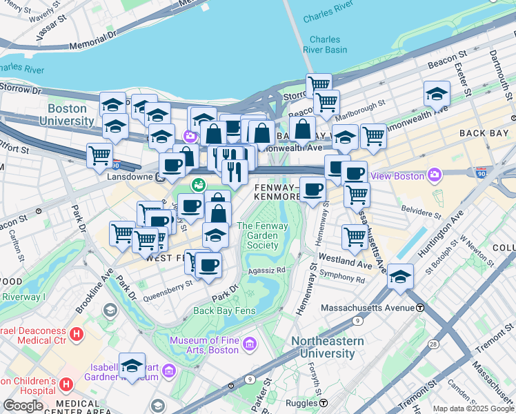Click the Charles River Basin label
point(324,45)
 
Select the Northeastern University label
point(323,347)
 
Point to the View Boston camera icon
point(435,176)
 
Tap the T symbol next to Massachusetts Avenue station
point(419,307)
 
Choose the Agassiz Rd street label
point(266,270)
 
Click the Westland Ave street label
point(352,264)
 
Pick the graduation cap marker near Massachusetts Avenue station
point(400,276)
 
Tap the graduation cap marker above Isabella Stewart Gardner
point(132,365)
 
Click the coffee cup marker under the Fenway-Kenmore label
point(312,189)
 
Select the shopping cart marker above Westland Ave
point(355,237)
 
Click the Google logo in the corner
point(22,405)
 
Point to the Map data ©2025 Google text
point(473,408)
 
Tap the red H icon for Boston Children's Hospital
point(67,383)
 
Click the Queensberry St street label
point(167,295)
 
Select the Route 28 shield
point(433,344)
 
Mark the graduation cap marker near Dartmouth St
point(437,93)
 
